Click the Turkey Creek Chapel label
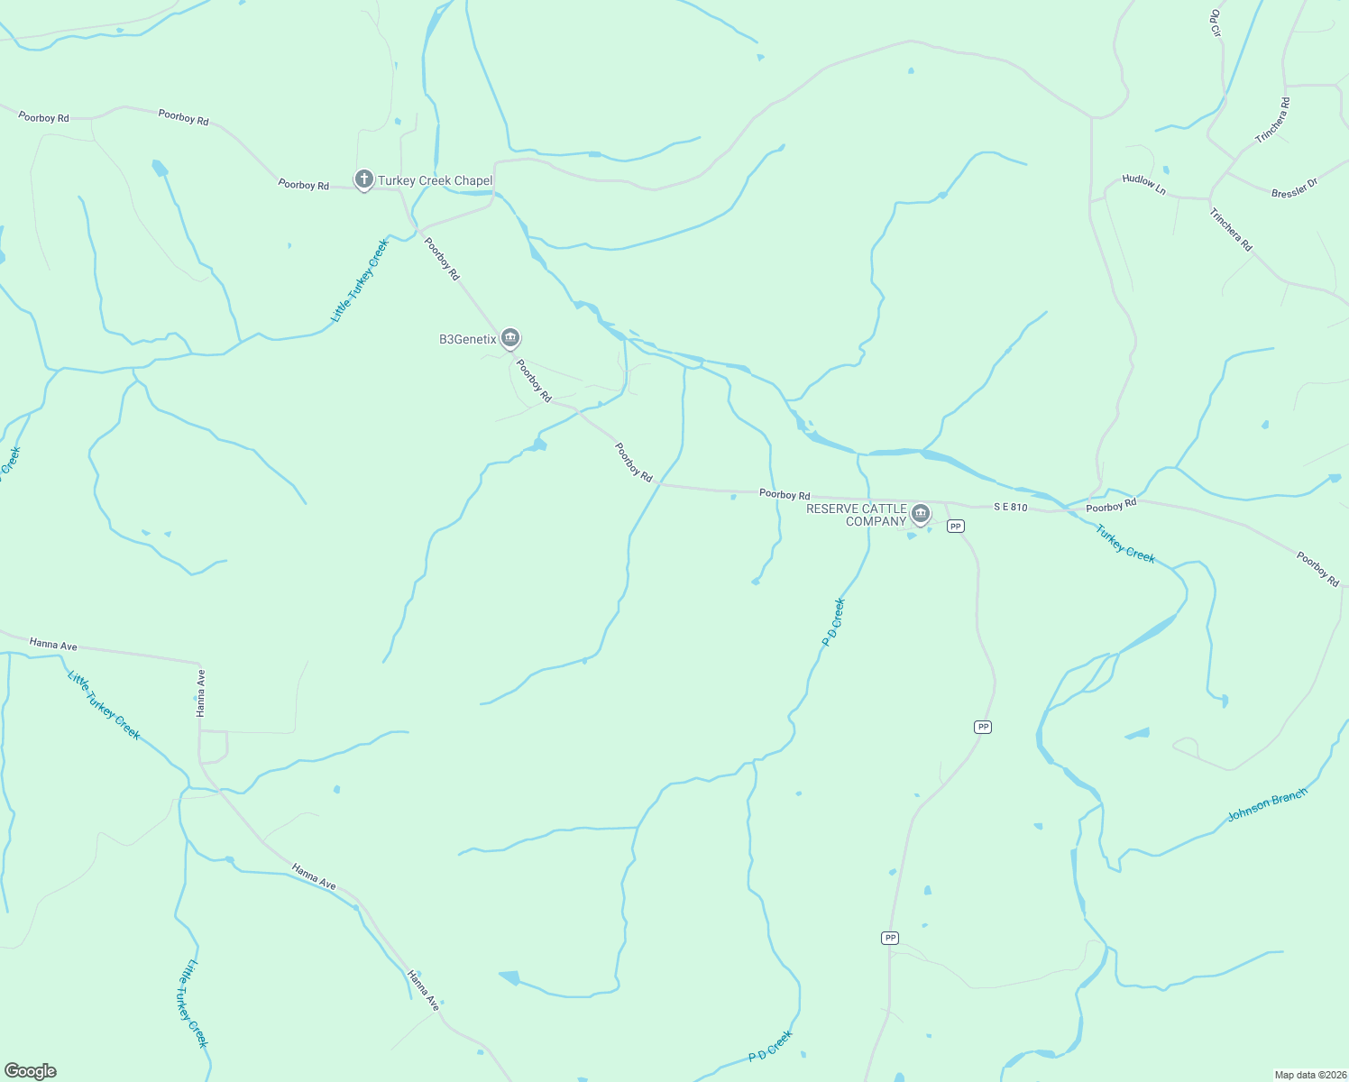(435, 181)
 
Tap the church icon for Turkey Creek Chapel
(363, 180)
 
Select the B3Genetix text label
(468, 340)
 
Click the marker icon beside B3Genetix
(510, 338)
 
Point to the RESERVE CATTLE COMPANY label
(856, 515)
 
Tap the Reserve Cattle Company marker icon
(920, 514)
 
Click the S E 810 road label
(1011, 508)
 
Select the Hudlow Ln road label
(1143, 184)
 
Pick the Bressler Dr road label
(1294, 188)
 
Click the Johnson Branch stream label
(1267, 805)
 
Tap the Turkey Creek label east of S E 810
(1125, 545)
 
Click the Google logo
(31, 1071)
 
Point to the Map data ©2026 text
(1309, 1075)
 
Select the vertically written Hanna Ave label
(201, 692)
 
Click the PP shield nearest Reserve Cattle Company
(956, 526)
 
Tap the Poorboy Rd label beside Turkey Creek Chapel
(304, 185)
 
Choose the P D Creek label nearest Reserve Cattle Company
(834, 622)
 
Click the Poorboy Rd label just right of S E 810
(1111, 506)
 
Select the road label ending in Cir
(1215, 23)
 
